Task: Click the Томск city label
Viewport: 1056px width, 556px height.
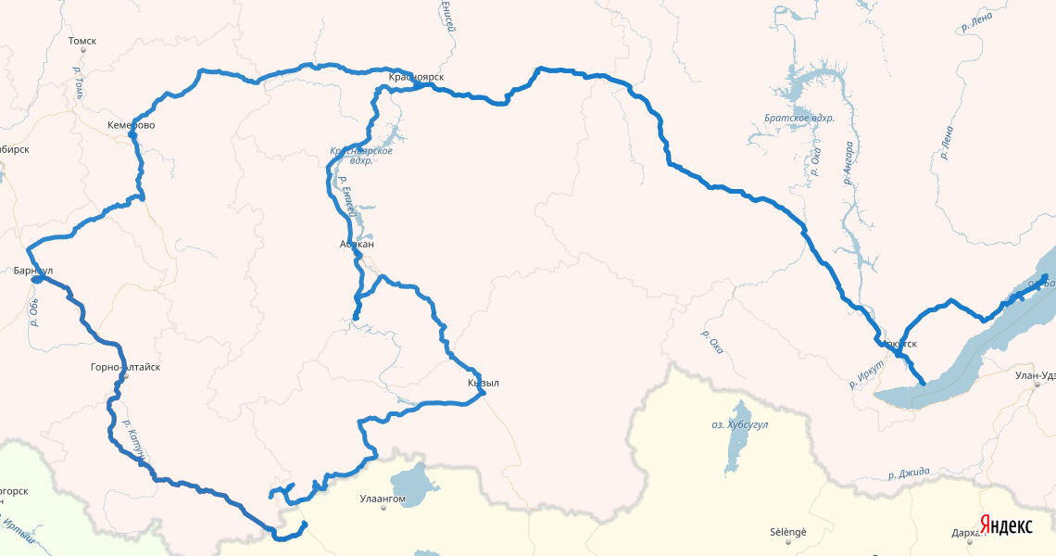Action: [82, 41]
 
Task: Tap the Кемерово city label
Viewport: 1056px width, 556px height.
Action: [132, 125]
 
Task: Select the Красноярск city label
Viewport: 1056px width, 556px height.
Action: [416, 77]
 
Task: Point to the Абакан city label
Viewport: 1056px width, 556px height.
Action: [357, 245]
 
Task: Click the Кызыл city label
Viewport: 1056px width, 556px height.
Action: [484, 383]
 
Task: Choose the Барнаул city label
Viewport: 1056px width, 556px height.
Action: [33, 271]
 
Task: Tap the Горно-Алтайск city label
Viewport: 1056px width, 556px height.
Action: [125, 368]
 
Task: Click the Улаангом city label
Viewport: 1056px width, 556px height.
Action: [383, 499]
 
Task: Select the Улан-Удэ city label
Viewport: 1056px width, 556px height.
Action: [1035, 374]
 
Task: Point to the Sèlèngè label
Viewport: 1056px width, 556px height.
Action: [788, 532]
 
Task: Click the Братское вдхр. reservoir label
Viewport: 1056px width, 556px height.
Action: [799, 119]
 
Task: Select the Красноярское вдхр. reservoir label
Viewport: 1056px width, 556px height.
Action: [361, 155]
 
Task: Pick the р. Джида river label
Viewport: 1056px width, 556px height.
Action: [908, 473]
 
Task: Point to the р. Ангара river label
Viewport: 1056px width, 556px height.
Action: [848, 163]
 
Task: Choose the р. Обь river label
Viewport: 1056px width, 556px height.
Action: [34, 311]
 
